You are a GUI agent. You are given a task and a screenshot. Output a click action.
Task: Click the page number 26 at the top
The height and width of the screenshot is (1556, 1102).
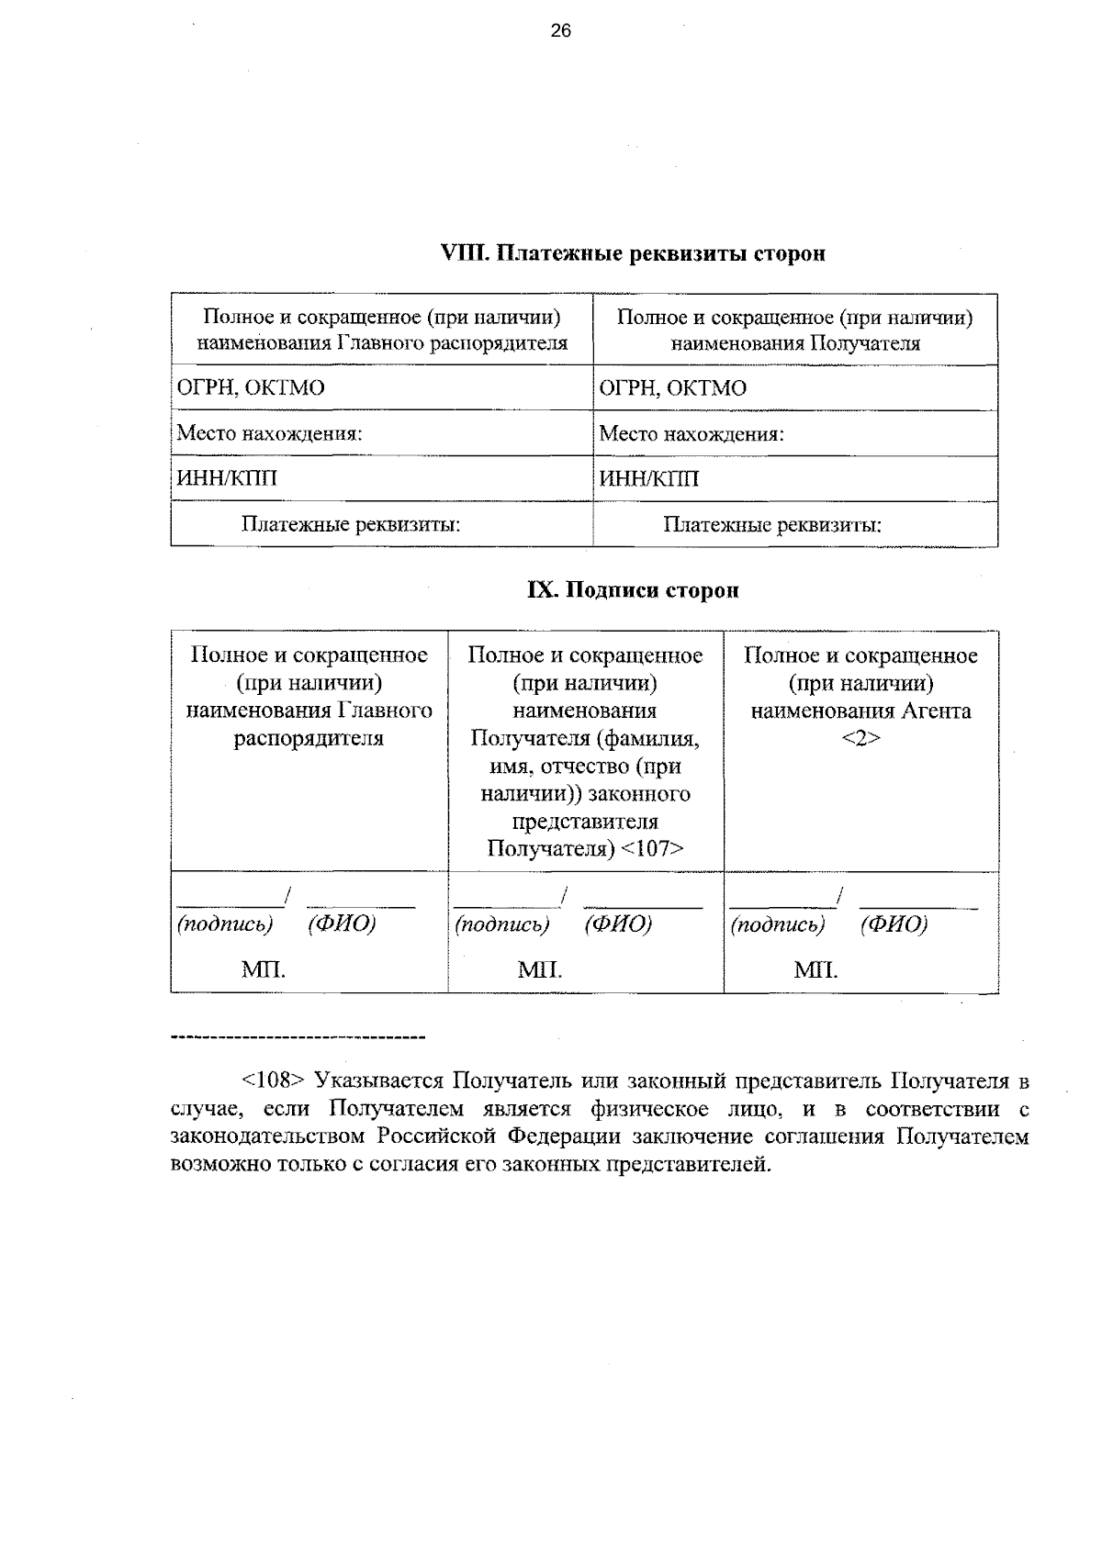coord(560,31)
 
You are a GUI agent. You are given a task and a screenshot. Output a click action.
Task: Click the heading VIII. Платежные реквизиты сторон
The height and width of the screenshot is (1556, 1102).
coord(634,253)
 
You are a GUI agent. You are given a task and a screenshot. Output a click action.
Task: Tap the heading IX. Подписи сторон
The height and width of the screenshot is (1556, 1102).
coord(633,590)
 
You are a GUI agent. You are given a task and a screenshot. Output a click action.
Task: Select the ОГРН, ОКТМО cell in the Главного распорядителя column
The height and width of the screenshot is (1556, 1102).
coord(251,387)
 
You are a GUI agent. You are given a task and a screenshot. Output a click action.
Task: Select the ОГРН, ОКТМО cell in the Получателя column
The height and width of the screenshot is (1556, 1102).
coord(673,387)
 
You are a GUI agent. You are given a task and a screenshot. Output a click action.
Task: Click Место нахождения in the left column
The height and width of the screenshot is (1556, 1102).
coord(269,432)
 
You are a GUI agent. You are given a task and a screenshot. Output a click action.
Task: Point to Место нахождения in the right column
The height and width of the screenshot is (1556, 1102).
coord(692,432)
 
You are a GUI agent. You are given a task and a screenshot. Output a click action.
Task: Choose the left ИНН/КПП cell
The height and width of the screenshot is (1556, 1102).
coord(227,478)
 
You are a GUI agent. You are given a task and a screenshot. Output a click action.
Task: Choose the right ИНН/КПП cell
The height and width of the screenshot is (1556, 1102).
coord(649,478)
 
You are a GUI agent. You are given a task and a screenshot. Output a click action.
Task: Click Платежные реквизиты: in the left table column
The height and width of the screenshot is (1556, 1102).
coord(351,524)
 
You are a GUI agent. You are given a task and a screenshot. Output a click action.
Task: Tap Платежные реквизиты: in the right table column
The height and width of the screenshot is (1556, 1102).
coord(772,524)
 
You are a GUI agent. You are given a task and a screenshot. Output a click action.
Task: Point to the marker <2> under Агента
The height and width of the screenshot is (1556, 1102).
coord(860,738)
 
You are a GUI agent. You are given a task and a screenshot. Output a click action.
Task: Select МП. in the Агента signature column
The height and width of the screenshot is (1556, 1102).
coord(815,969)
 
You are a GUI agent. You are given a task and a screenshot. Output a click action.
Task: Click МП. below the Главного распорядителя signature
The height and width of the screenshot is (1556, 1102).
coord(264,969)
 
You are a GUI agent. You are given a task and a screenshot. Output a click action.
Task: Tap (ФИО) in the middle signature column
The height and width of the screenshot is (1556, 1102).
coord(617,924)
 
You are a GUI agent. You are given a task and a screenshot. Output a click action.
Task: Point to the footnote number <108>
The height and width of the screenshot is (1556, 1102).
coord(272,1080)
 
